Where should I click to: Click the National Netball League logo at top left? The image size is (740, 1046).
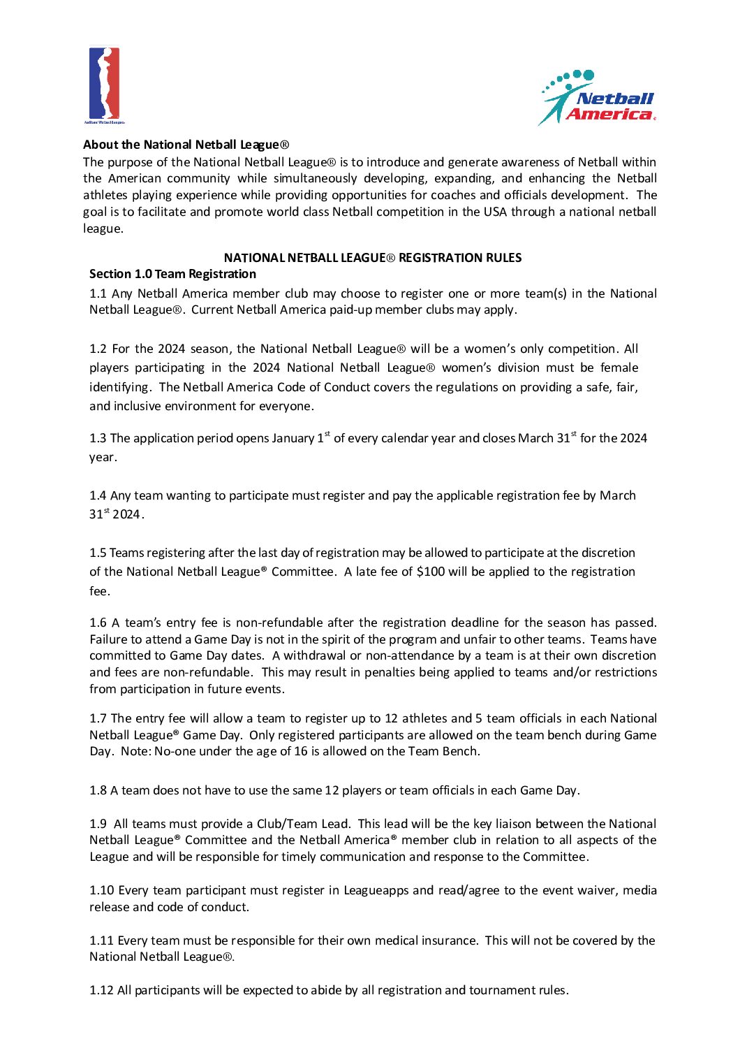(x=105, y=85)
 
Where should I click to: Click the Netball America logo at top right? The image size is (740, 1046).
(x=598, y=99)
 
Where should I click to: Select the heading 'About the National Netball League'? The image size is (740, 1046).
(x=186, y=145)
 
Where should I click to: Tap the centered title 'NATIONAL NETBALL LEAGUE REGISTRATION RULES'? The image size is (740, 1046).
(x=372, y=258)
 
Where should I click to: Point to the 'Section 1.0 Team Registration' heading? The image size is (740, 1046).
(x=172, y=274)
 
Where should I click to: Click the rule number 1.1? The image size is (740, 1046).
(x=98, y=293)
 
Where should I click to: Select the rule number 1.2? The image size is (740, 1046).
(x=98, y=349)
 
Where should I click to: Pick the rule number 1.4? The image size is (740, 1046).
(x=98, y=495)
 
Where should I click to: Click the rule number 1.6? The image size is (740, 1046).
(x=98, y=623)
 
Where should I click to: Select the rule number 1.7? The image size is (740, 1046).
(x=98, y=718)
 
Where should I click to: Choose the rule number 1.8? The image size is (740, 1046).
(x=98, y=790)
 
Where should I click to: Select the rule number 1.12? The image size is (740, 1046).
(x=101, y=990)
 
